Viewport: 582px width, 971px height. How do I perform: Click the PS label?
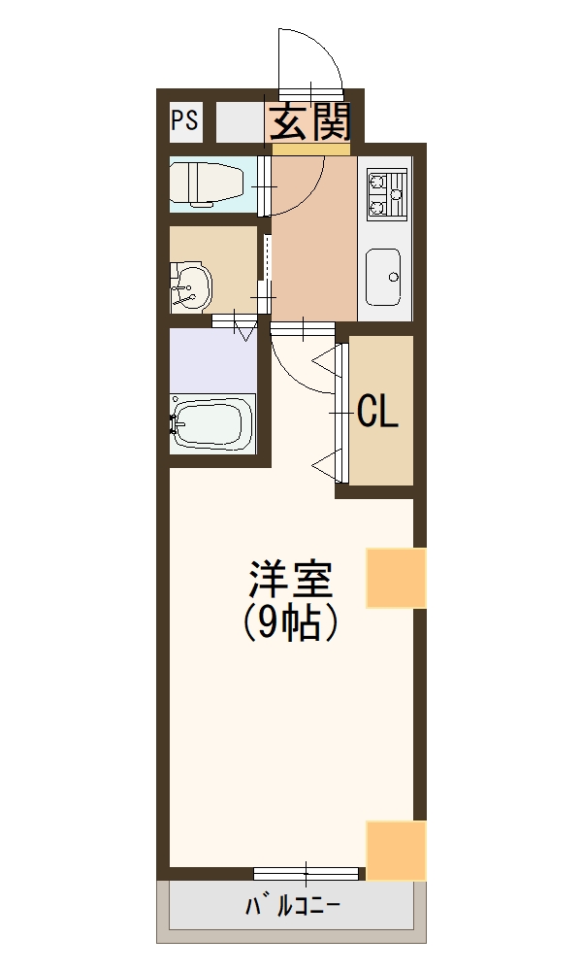point(184,120)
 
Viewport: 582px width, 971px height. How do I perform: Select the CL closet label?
point(377,412)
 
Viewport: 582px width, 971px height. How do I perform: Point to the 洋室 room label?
point(290,581)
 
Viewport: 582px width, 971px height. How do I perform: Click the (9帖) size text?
point(290,622)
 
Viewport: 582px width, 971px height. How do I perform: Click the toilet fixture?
point(205,184)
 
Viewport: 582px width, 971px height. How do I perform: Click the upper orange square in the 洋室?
point(396,578)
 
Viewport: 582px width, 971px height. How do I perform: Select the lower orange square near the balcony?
point(396,851)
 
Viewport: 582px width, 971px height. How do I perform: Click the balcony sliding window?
point(307,872)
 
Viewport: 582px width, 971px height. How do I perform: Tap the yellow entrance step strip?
point(310,150)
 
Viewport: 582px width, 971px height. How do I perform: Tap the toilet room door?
point(264,184)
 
